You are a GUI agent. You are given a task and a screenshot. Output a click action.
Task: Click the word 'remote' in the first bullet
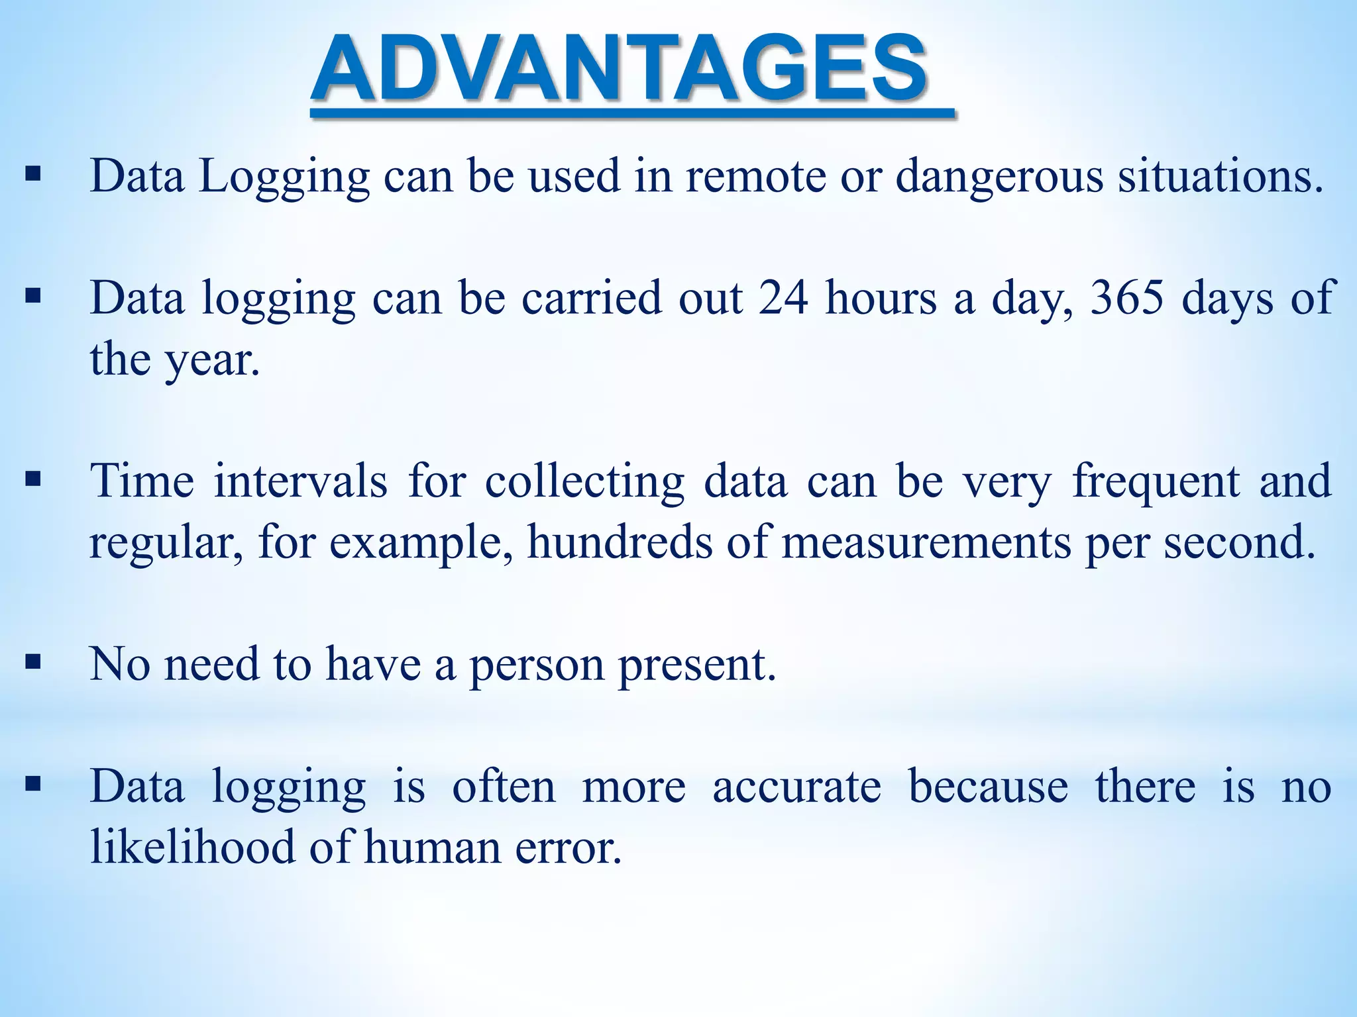755,176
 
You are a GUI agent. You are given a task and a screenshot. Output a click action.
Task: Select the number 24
783,298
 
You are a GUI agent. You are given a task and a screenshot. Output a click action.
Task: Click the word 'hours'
881,298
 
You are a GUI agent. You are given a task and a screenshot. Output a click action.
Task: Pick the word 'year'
211,360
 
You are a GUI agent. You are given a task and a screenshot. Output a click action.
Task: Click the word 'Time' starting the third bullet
142,481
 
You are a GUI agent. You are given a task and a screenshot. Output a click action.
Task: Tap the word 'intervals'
300,481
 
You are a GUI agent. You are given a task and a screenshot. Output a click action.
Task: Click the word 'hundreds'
620,543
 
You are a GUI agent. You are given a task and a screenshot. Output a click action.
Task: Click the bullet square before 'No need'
32,661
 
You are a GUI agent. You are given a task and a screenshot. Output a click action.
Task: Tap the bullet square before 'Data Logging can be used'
32,175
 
